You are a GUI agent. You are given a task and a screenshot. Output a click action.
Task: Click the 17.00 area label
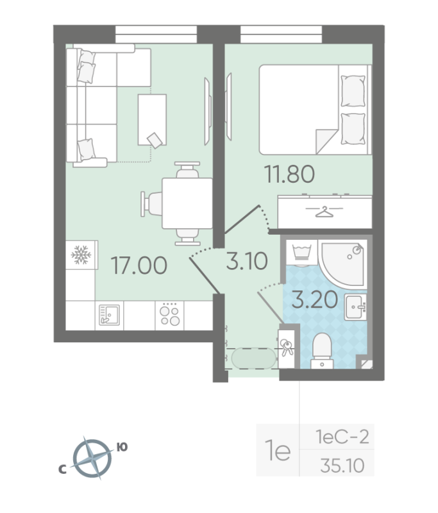[139, 265]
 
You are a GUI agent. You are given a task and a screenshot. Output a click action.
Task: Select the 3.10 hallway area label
[246, 261]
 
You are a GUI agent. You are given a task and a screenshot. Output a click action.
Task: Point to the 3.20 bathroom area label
[314, 299]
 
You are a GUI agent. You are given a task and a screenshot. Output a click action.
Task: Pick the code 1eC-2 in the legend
[344, 439]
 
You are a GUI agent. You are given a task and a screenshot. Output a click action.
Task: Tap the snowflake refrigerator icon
[81, 256]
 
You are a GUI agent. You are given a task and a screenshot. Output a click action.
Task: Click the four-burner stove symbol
[169, 315]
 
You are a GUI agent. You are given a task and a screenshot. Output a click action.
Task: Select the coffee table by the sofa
[152, 121]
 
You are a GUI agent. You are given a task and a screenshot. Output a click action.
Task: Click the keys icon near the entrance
[286, 346]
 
